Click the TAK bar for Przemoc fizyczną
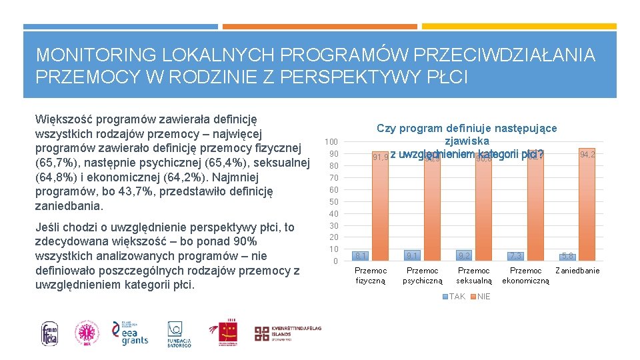point(361,255)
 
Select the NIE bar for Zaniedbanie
point(586,203)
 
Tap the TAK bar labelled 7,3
point(515,256)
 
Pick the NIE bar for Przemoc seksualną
point(483,207)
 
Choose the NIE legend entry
point(479,297)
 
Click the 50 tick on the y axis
point(334,201)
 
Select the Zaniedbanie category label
point(577,271)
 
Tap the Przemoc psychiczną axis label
point(422,275)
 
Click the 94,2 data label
point(587,155)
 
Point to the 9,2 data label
point(464,255)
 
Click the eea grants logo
point(130,332)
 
